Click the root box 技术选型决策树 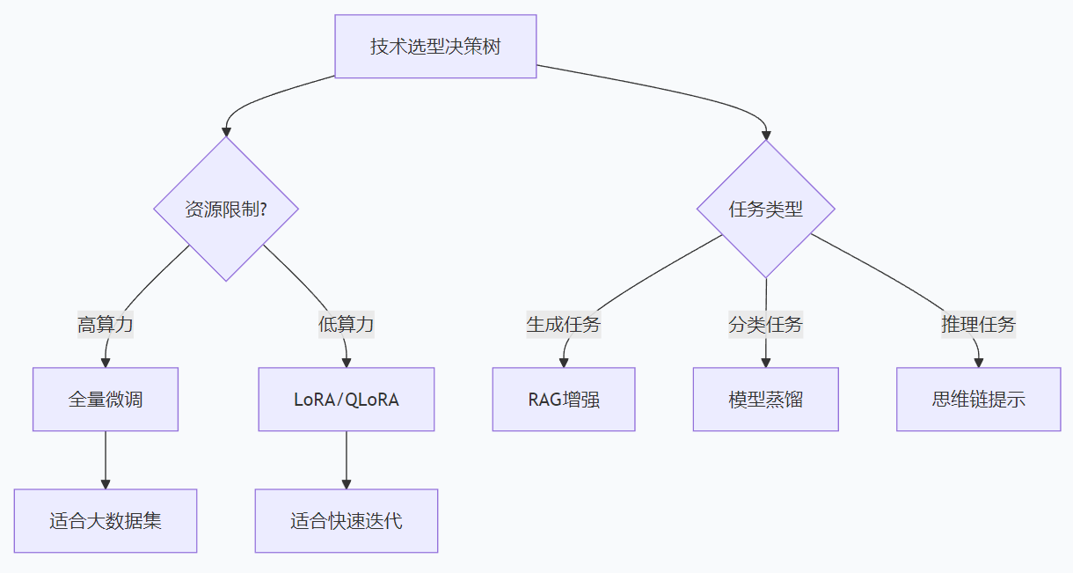pos(435,47)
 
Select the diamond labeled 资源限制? pos(226,209)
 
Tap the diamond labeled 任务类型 pos(766,209)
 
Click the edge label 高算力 pos(106,325)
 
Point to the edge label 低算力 pos(346,325)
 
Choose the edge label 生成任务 pos(563,325)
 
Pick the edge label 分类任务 pos(765,325)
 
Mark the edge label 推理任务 pos(978,325)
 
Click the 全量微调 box pos(106,400)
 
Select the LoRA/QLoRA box pos(347,400)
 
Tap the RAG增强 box pos(564,400)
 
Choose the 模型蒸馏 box pos(765,400)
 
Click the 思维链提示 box pos(978,400)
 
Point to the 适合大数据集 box pos(106,521)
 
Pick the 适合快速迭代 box pos(347,521)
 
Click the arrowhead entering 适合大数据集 pos(106,483)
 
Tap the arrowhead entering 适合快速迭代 pos(347,483)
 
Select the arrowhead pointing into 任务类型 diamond pos(766,135)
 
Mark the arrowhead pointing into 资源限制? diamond pos(226,131)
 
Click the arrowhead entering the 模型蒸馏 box pos(765,362)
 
